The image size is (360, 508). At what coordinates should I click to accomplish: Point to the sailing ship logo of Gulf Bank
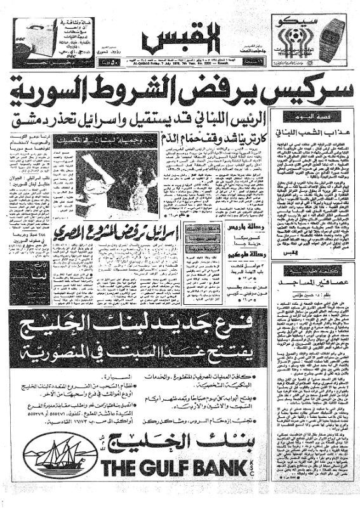[57, 457]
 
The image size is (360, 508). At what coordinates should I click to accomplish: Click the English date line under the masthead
[184, 65]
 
